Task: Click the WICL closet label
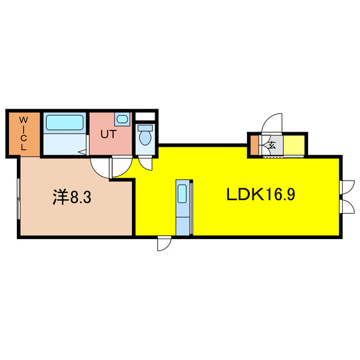coord(24,133)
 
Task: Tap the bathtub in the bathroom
coord(65,123)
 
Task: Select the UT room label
coord(109,134)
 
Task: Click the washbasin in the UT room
coord(122,119)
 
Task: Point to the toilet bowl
coord(145,136)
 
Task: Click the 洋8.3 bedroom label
coord(72,197)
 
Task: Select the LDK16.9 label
coord(260,195)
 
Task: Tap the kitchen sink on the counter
coord(182,193)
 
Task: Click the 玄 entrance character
coord(272,145)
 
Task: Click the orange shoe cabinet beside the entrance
coord(254,145)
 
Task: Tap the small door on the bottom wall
coord(164,244)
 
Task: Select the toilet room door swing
coord(146,164)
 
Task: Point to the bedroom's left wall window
coord(19,199)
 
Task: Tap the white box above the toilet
coord(145,116)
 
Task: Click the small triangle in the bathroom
coord(82,152)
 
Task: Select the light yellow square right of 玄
coord(294,145)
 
